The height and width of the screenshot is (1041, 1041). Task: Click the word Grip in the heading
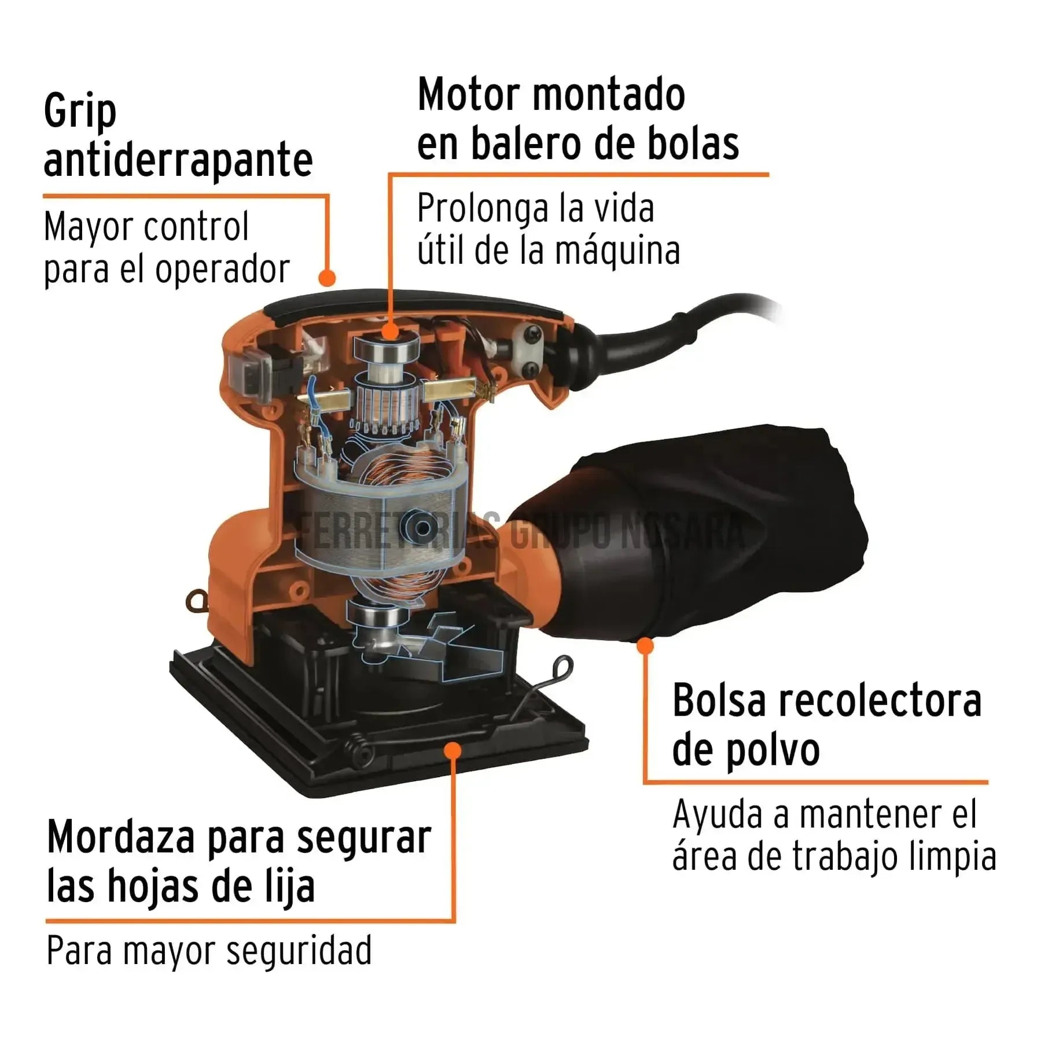click(x=80, y=112)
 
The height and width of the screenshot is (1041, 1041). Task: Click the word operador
click(x=222, y=270)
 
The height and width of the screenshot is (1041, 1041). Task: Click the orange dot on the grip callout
click(x=328, y=278)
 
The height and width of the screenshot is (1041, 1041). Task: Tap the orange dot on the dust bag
click(x=645, y=645)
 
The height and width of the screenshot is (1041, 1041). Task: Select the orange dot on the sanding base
click(x=453, y=751)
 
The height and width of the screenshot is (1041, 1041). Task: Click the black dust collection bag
click(x=723, y=532)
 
